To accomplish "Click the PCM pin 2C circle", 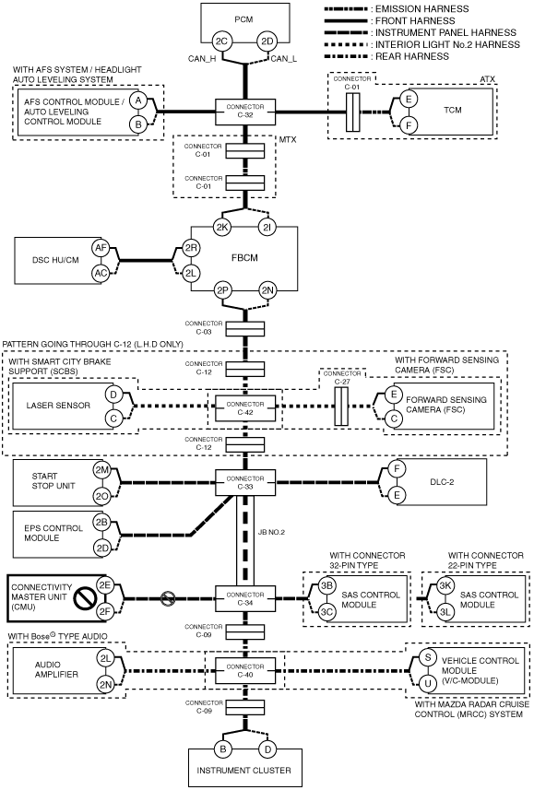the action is [222, 41].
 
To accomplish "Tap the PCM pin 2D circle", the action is [267, 41].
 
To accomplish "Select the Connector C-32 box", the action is [245, 111].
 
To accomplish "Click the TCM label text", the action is [452, 110].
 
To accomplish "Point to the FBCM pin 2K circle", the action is [222, 227].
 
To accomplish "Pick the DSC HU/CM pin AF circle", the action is [101, 247].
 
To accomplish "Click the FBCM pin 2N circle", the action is [267, 289].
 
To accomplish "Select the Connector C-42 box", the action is [245, 408].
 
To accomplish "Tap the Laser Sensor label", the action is [58, 405].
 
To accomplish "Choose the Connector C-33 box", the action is [245, 483].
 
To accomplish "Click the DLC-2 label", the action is [442, 482].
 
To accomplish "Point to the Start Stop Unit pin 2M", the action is [101, 469].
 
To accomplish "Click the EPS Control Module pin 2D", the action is [102, 548].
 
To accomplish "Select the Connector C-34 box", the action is [245, 598].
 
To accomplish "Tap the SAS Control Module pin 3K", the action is [445, 586].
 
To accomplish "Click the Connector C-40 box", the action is [245, 670].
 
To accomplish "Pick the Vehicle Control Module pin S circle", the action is [428, 657].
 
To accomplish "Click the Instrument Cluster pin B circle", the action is [222, 749].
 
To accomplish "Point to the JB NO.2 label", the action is [271, 532].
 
